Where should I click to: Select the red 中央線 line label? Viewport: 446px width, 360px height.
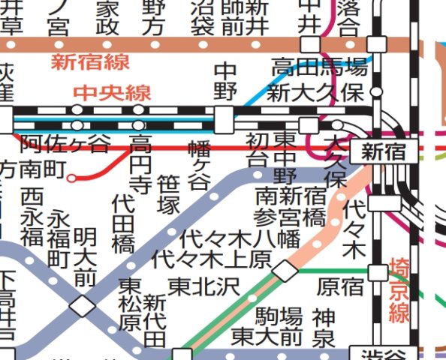point(113,94)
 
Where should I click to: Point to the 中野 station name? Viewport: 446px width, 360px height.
point(225,82)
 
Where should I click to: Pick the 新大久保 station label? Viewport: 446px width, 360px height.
point(318,94)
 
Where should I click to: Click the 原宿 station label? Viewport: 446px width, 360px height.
point(340,286)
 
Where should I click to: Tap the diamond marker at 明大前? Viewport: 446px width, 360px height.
point(82,306)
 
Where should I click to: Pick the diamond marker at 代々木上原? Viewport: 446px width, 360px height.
point(285,271)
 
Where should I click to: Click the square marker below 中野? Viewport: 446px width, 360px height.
point(224,118)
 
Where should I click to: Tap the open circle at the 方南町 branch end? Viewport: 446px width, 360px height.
point(71,178)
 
